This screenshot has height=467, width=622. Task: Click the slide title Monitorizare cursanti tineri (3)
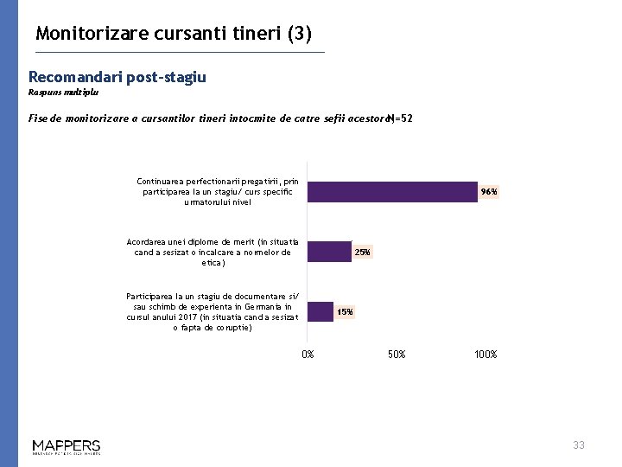point(174,34)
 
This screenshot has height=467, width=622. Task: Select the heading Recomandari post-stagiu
point(117,77)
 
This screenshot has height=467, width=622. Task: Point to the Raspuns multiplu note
point(63,91)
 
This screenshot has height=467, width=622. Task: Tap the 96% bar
point(392,191)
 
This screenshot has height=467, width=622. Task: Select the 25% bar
point(329,252)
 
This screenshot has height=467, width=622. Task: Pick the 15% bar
point(321,311)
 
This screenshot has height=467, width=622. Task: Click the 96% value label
point(489,192)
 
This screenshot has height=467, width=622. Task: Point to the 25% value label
point(363,253)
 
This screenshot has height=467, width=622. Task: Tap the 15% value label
point(345,311)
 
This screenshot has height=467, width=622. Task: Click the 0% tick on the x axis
point(308,355)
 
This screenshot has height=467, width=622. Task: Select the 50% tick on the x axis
point(397,355)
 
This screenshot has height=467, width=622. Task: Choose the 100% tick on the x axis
point(486,355)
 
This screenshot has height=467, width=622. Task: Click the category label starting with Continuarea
point(217,191)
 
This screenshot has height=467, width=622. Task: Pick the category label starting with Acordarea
point(213,252)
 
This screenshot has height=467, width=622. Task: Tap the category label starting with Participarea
point(213,311)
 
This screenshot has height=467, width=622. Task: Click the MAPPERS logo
point(67,446)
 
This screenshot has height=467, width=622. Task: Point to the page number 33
point(579,445)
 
